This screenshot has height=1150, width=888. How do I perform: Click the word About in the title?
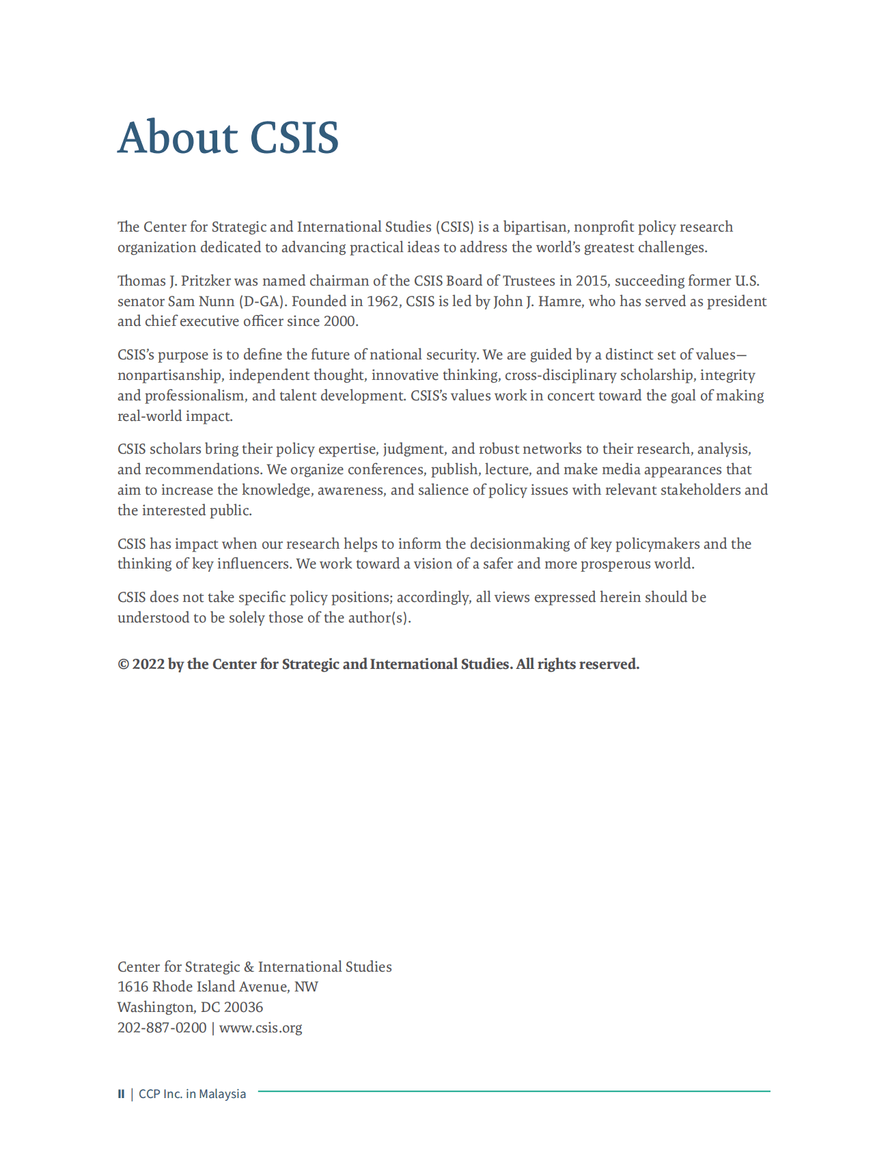[x=177, y=137]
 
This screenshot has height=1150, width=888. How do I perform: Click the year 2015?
[x=591, y=281]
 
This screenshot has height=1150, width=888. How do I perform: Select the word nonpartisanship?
[x=169, y=375]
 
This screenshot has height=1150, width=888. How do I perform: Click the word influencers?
[x=254, y=564]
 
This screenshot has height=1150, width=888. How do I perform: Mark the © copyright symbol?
[x=123, y=664]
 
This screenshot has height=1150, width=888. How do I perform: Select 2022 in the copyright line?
[x=148, y=664]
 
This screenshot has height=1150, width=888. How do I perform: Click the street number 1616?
[x=133, y=987]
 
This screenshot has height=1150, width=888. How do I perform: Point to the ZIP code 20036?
[x=243, y=1007]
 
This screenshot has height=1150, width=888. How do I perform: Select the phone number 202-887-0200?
[x=162, y=1028]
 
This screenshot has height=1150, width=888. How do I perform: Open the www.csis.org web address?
[x=260, y=1028]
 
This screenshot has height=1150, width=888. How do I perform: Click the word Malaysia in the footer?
[x=222, y=1094]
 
